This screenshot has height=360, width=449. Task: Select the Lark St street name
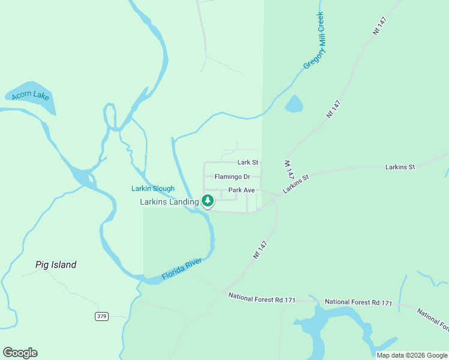247,162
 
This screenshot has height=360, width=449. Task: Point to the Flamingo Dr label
237,177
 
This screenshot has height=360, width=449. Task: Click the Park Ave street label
241,190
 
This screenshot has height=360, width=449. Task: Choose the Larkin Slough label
153,188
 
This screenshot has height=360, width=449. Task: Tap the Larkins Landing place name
169,202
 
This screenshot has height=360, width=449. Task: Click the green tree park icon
208,200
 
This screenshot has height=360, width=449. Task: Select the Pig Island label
56,265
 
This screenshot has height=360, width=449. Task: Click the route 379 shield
101,316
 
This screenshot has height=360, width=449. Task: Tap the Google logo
20,353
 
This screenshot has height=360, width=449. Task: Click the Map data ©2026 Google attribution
411,355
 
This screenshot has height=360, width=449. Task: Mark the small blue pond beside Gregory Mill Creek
294,104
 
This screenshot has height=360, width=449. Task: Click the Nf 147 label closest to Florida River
260,250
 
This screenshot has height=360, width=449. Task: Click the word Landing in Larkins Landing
183,202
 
